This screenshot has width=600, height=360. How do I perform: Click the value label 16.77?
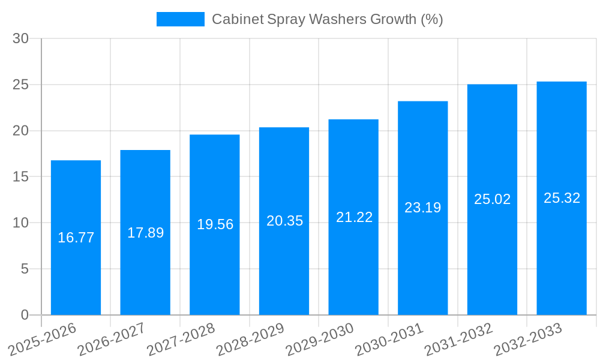76,238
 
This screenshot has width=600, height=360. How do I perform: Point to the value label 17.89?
145,233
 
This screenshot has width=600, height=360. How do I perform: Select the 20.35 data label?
284,221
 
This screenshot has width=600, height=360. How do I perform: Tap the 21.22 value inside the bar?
354,217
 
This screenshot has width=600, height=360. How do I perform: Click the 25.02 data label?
492,199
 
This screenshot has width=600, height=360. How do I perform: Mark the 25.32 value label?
562,198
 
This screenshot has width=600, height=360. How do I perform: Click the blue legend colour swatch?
180,19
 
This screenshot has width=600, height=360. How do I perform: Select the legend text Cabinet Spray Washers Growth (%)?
327,19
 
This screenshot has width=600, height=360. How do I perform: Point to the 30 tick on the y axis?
21,38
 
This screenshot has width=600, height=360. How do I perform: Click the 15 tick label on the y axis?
21,177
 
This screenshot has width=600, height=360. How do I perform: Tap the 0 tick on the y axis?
25,315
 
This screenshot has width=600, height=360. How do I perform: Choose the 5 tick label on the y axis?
25,269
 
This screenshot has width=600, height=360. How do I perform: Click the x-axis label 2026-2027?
112,339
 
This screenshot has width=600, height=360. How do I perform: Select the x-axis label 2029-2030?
320,339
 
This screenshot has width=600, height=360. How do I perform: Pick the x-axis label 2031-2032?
459,339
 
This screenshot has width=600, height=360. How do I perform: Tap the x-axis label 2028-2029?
251,339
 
